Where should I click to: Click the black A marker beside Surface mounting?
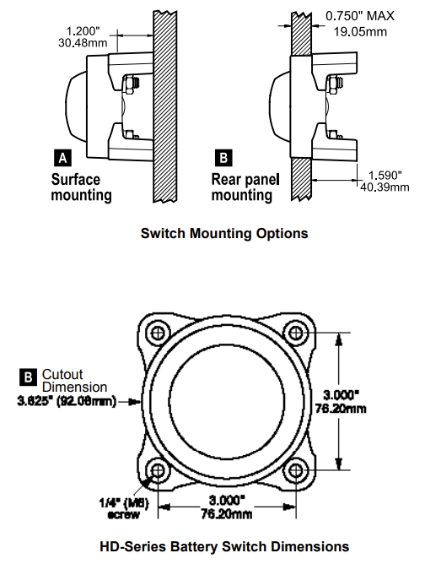(x=62, y=157)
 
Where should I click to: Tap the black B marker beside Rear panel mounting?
(x=222, y=157)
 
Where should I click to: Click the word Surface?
(x=76, y=179)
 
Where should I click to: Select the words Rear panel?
(x=245, y=179)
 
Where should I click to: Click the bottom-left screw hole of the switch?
(x=155, y=469)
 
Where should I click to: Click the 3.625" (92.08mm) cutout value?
(x=67, y=402)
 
